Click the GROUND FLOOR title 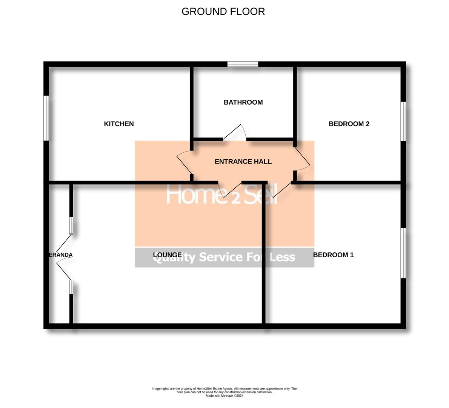coord(223,11)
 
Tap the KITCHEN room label coord(119,124)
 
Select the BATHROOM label coord(243,102)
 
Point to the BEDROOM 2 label coord(349,124)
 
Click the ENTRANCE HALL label coord(243,162)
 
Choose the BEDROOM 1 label coord(334,255)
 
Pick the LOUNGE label coord(167,255)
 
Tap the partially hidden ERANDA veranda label coord(61,255)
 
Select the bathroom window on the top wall coord(243,64)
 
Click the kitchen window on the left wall coord(46,118)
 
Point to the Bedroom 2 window coord(403,121)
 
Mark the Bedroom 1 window coord(403,253)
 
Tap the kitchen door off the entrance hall coord(184,162)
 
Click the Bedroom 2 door coord(302,159)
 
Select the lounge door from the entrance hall coord(229,189)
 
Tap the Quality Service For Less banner coord(224,258)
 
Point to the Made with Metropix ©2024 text coord(224,396)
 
